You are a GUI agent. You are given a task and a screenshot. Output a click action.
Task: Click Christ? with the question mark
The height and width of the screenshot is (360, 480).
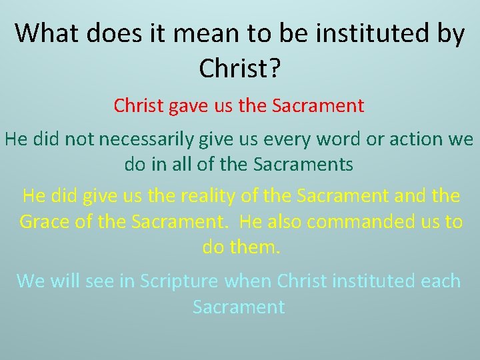(x=239, y=67)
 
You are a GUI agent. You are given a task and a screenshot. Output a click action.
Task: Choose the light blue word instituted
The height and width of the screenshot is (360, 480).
(x=359, y=281)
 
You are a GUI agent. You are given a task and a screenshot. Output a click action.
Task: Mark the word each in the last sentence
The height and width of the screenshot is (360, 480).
(x=441, y=281)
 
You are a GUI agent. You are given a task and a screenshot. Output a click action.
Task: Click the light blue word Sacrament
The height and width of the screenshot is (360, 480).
(x=239, y=307)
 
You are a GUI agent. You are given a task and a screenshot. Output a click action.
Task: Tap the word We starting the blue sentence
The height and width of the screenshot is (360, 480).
(x=30, y=281)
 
